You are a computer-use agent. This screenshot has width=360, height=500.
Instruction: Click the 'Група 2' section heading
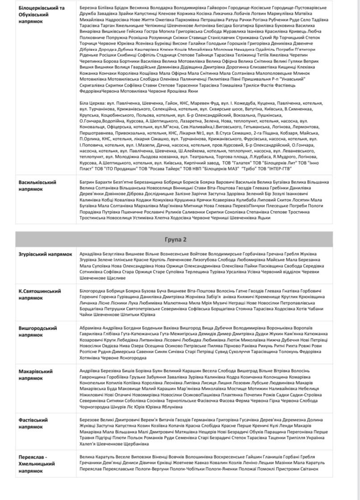[x=178, y=240]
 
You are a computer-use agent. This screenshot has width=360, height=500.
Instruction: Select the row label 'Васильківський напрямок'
[x=37, y=186]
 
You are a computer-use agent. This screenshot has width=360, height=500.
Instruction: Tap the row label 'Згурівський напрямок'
[x=45, y=254]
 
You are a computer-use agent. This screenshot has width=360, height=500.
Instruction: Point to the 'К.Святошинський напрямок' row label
[x=40, y=294]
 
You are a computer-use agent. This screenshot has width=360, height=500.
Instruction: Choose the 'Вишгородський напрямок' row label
[x=38, y=331]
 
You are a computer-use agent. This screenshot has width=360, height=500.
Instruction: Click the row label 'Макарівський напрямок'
[x=36, y=374]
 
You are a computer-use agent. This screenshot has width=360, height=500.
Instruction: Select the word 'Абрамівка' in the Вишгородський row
[x=91, y=328]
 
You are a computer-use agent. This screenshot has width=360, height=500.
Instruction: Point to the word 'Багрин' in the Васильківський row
[x=87, y=182]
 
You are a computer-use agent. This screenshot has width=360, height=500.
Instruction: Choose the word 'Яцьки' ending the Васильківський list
[x=277, y=218]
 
